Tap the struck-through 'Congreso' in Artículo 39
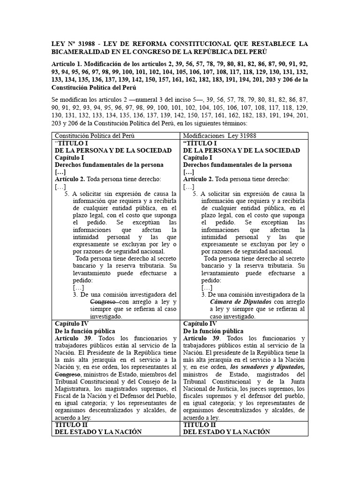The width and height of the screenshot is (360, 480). coord(68,375)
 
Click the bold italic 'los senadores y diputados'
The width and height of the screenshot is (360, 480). coord(268,367)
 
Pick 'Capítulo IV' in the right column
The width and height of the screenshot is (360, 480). coord(200,323)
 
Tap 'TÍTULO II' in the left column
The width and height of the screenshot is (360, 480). coord(71,425)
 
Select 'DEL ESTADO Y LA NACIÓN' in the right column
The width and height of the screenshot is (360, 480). coord(226,432)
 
